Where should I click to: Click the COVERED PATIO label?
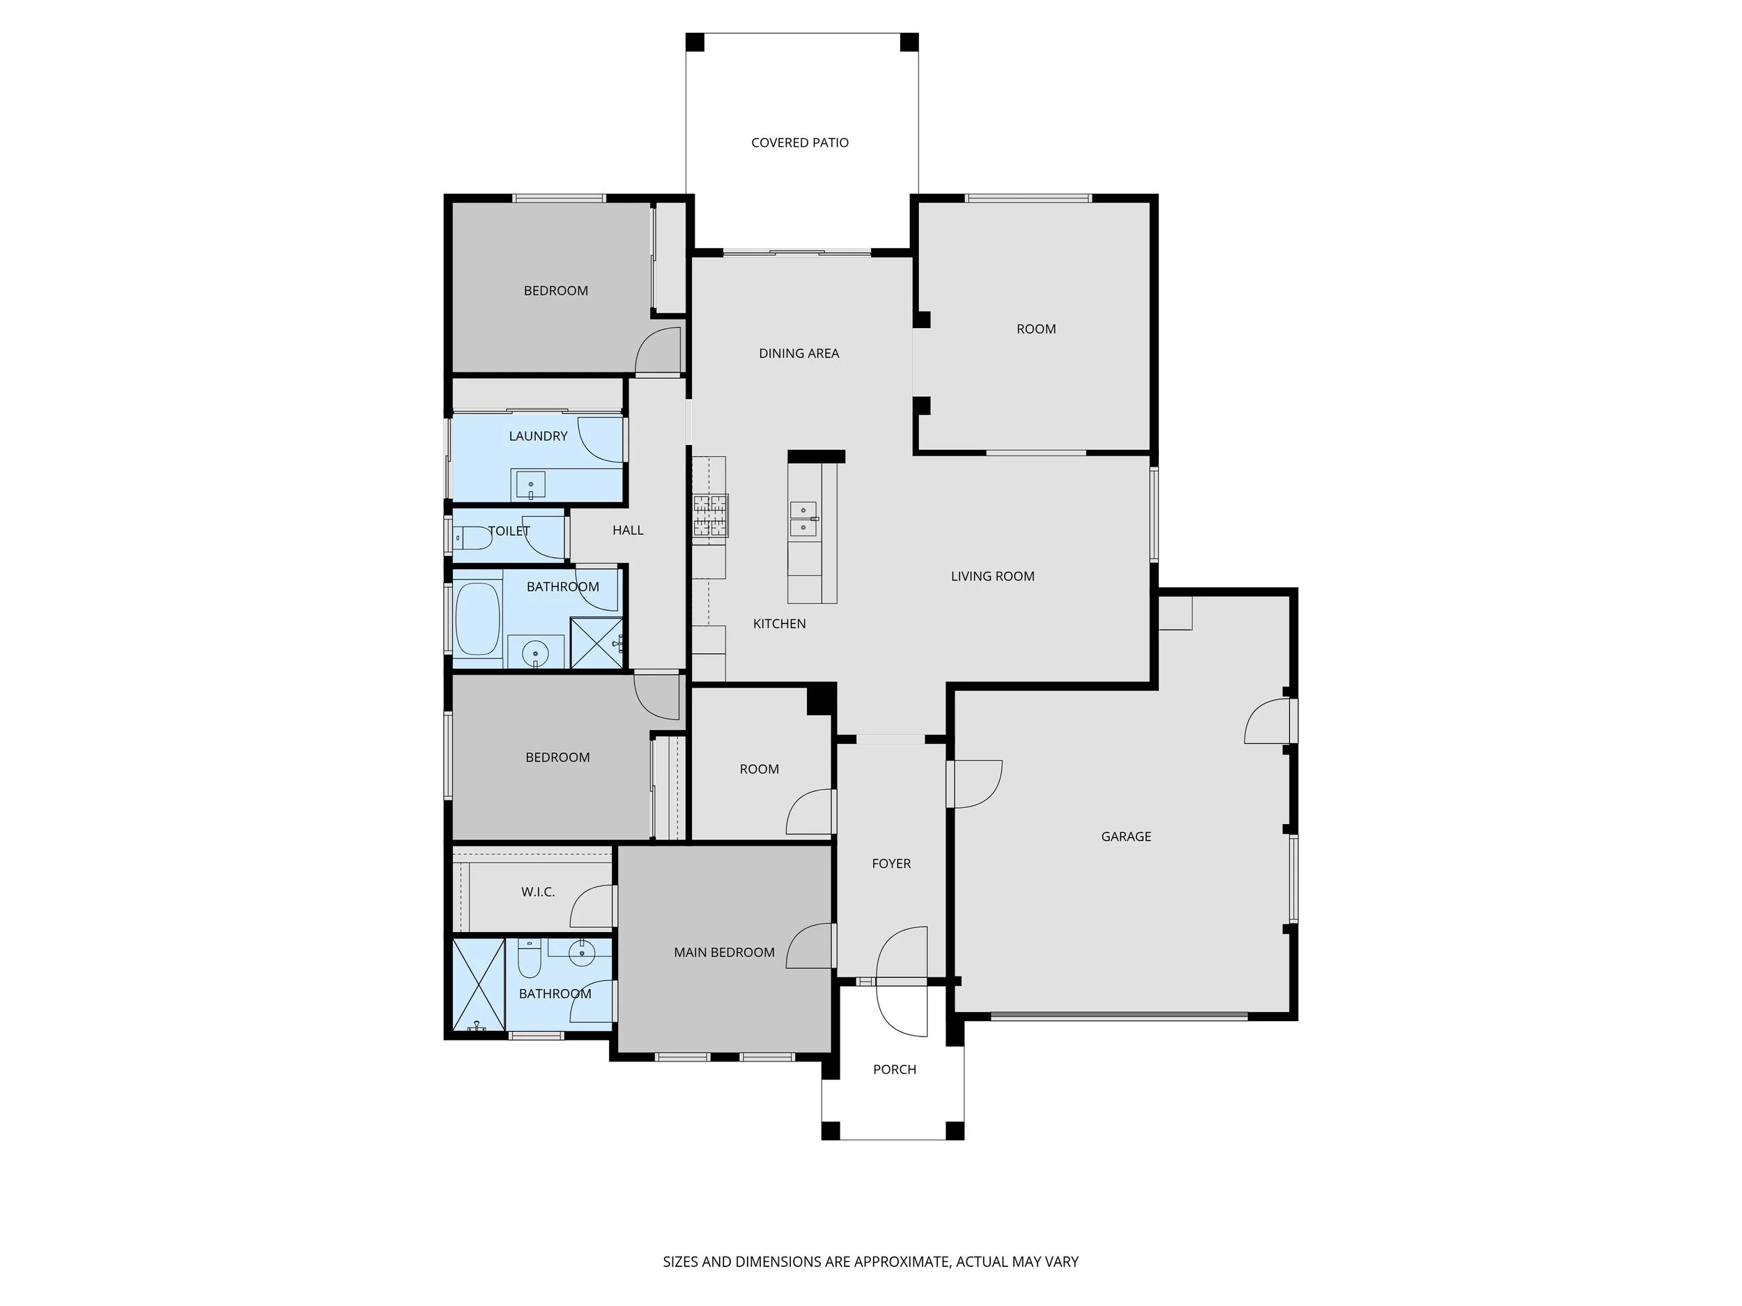click(799, 143)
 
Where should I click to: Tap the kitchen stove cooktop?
click(709, 516)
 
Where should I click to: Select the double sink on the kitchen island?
click(803, 518)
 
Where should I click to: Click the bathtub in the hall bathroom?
click(477, 619)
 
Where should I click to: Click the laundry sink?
click(531, 485)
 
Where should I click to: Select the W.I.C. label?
click(538, 892)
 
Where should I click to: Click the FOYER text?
click(891, 864)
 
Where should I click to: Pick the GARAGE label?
click(1125, 837)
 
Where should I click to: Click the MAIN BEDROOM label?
click(724, 953)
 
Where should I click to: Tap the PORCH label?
click(895, 1069)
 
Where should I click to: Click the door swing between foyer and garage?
click(976, 784)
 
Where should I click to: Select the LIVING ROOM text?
click(992, 576)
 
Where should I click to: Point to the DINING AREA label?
click(799, 353)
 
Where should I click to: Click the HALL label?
click(628, 531)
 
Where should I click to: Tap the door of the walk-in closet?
click(592, 906)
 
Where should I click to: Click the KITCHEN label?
click(779, 623)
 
